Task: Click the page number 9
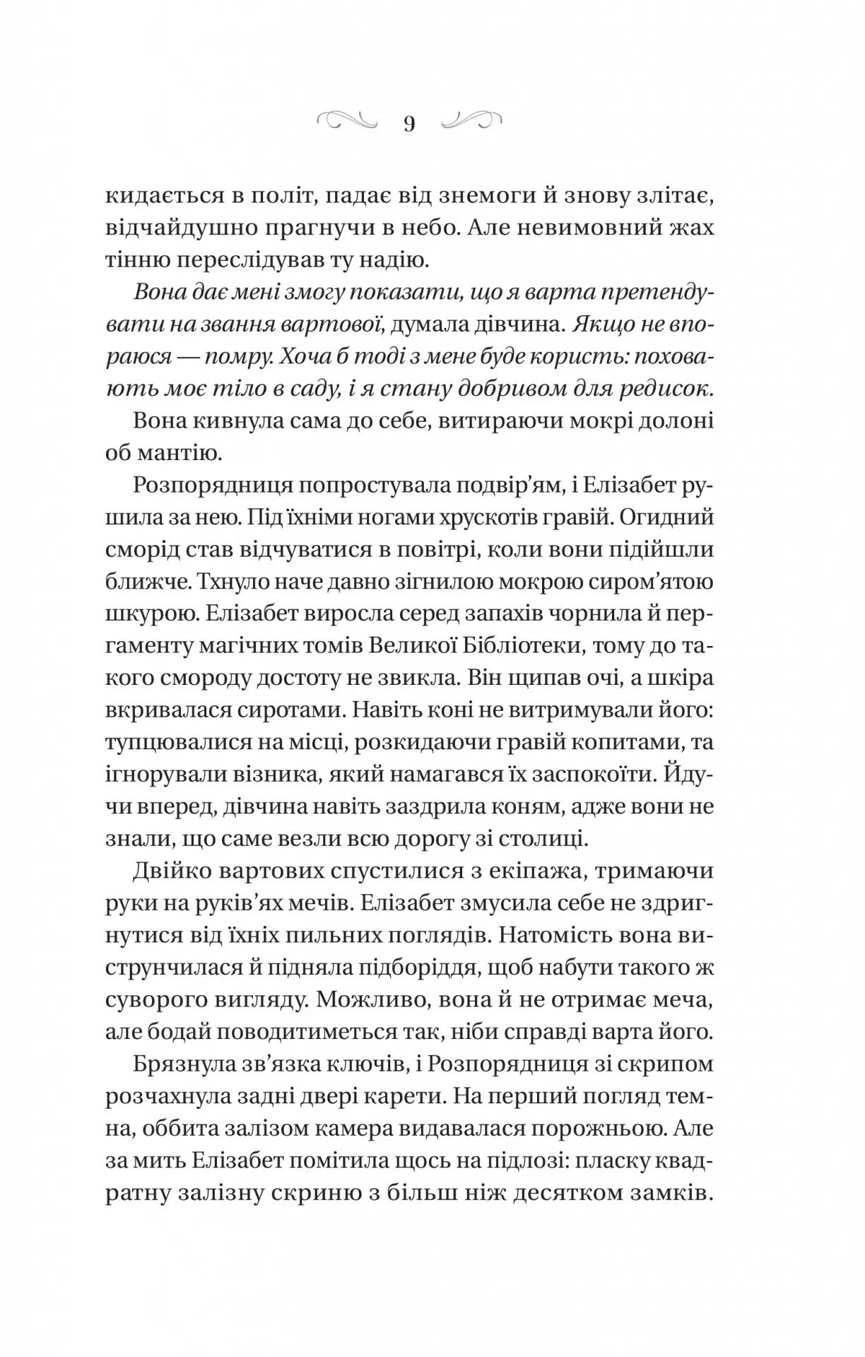tap(409, 124)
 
